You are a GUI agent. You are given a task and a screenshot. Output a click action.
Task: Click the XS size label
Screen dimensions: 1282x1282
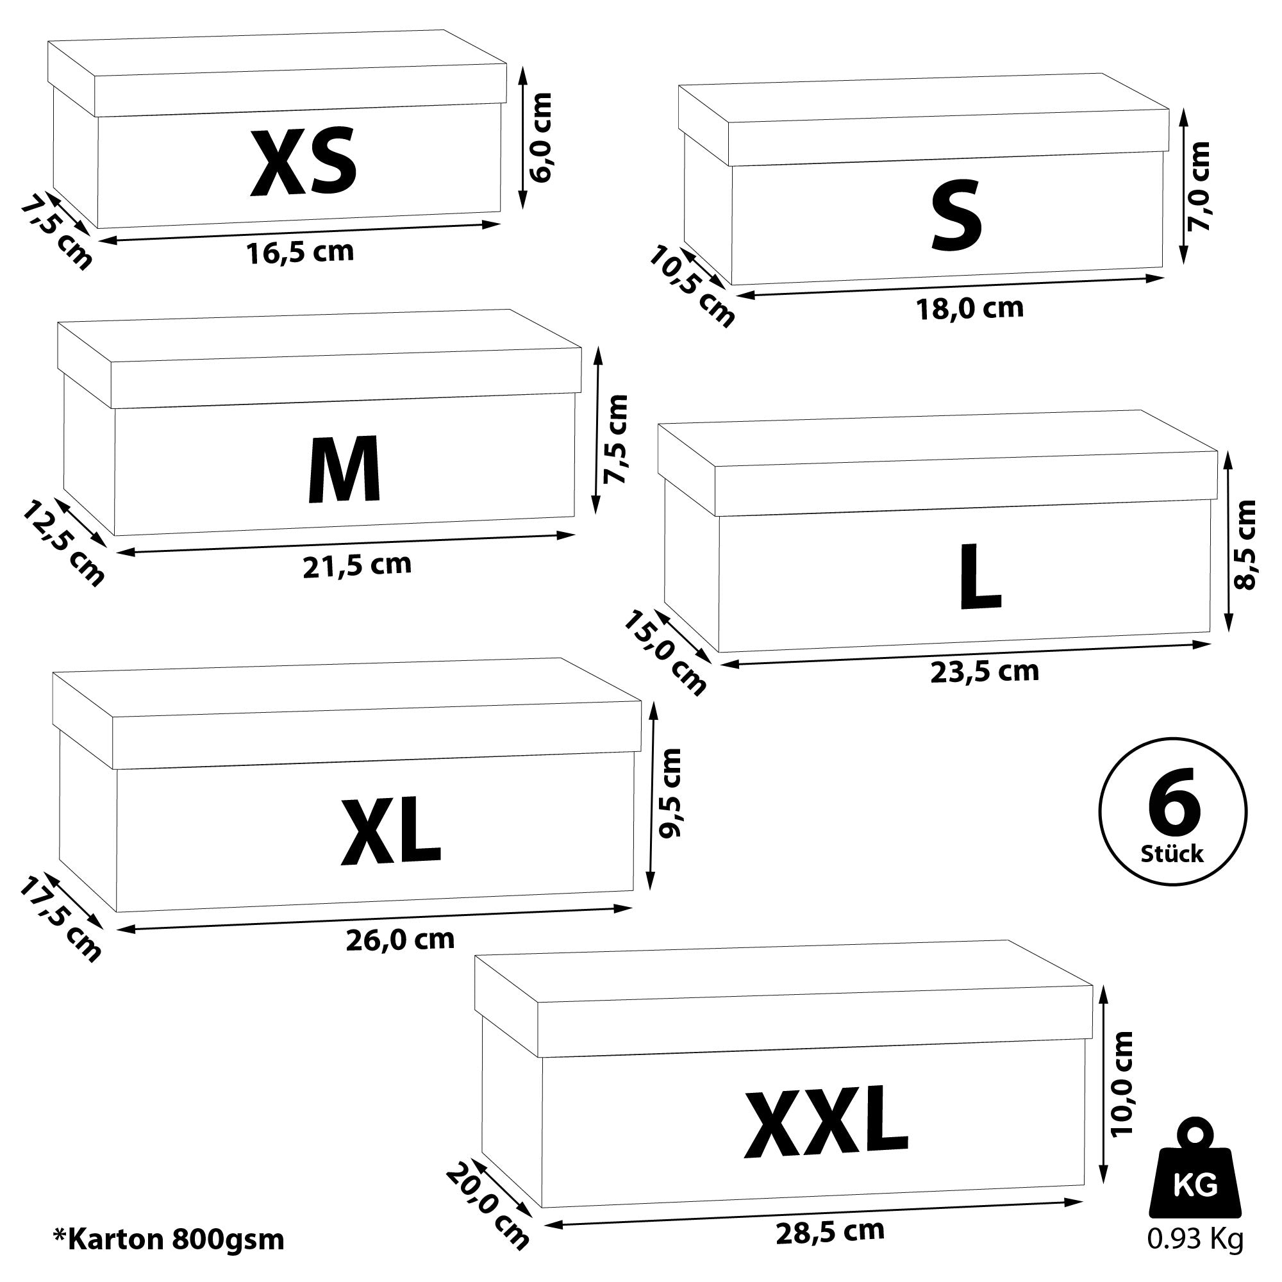[x=303, y=163]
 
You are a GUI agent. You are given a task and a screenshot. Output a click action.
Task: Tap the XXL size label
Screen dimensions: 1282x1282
[x=827, y=1121]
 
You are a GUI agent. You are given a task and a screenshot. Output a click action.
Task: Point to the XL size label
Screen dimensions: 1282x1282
[x=390, y=832]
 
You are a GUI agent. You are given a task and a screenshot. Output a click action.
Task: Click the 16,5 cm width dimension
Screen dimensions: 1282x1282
[x=301, y=252]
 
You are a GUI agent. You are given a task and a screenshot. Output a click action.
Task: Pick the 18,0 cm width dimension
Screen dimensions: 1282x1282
[x=970, y=308]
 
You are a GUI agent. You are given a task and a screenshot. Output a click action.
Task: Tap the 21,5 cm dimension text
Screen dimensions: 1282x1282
[x=358, y=565]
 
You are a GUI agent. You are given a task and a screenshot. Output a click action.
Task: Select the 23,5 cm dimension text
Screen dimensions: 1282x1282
[x=985, y=672]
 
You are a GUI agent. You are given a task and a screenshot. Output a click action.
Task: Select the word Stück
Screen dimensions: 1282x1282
[x=1172, y=853]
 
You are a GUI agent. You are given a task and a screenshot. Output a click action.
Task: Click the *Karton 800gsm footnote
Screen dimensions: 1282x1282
[x=169, y=1238]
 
